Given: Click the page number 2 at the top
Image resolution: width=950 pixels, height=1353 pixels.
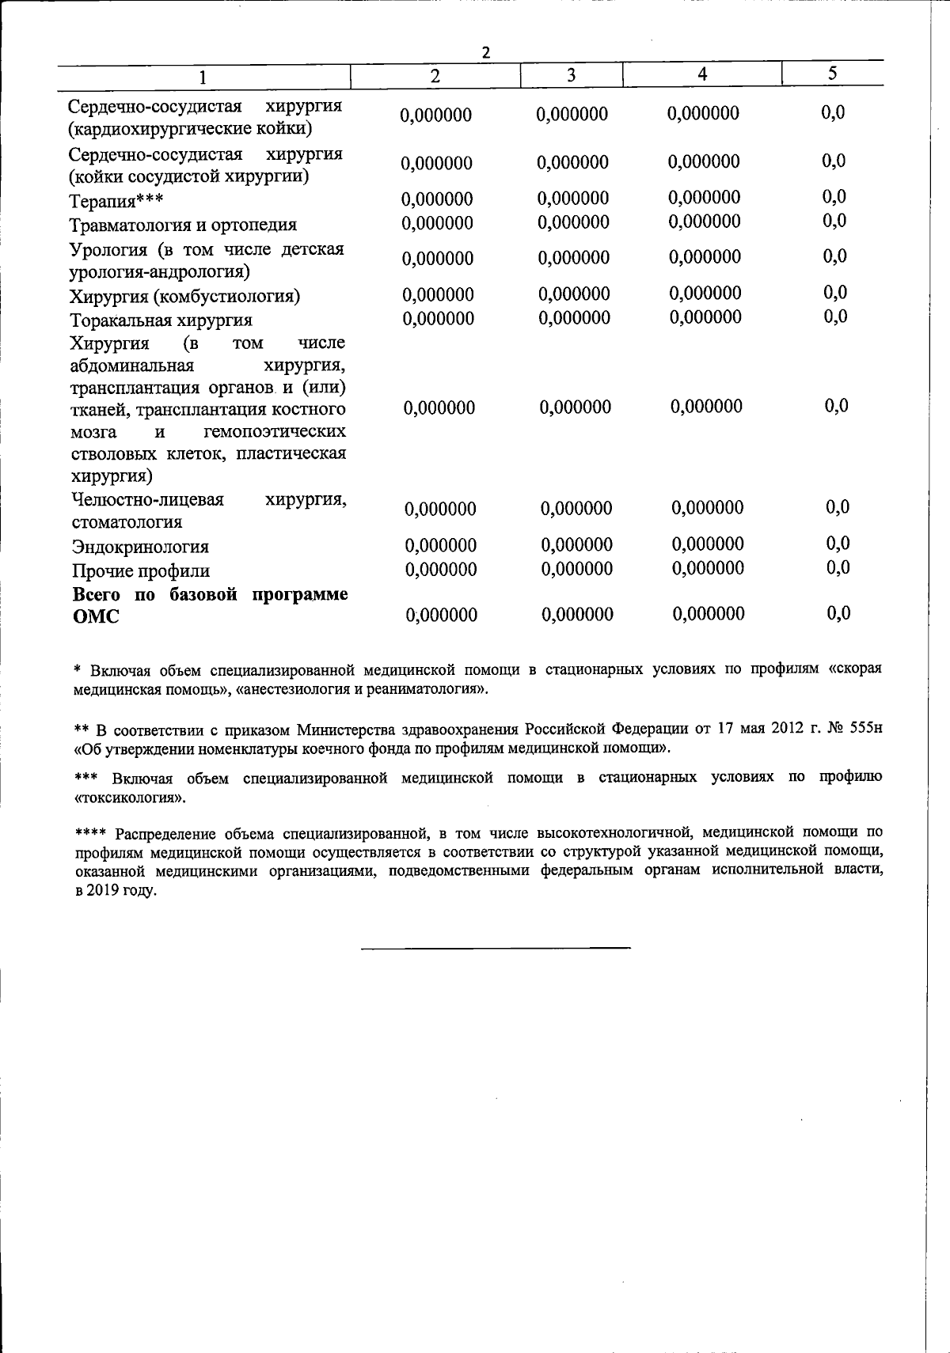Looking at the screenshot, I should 486,53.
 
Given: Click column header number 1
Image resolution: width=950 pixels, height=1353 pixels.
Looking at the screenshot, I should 203,77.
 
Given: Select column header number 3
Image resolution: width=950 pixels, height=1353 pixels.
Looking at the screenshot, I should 571,75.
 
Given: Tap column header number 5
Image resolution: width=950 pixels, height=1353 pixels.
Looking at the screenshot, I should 832,74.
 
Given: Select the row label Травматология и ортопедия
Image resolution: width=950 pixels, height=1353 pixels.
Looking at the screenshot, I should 183,224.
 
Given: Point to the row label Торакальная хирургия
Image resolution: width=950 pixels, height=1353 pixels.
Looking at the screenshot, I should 161,320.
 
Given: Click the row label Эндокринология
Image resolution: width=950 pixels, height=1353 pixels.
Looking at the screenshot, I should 140,547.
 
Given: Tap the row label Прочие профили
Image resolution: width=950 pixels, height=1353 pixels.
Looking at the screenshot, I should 141,571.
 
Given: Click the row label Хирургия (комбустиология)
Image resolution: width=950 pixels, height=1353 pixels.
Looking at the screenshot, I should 184,297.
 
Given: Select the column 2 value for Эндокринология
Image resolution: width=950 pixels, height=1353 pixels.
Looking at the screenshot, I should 440,546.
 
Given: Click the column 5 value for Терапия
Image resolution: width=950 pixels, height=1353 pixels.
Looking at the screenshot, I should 834,197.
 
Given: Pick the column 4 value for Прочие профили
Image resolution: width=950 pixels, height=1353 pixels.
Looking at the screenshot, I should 708,568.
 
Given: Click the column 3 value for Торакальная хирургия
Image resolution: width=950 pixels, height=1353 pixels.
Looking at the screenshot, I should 574,318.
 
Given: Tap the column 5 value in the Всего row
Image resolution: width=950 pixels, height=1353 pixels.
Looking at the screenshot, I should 838,613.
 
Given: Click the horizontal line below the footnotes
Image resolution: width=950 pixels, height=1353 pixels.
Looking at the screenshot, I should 496,947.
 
